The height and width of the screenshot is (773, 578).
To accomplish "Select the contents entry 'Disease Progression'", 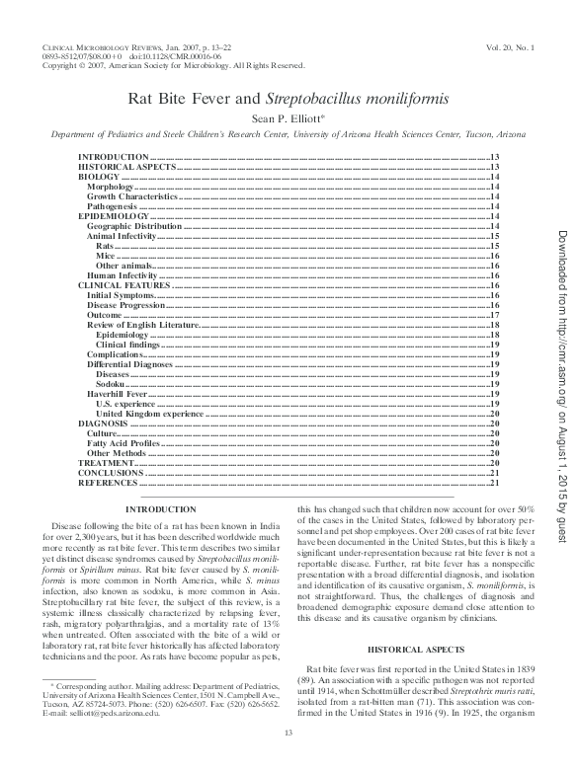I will click(x=128, y=305).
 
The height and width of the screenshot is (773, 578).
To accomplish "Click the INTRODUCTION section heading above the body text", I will click(x=160, y=508).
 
